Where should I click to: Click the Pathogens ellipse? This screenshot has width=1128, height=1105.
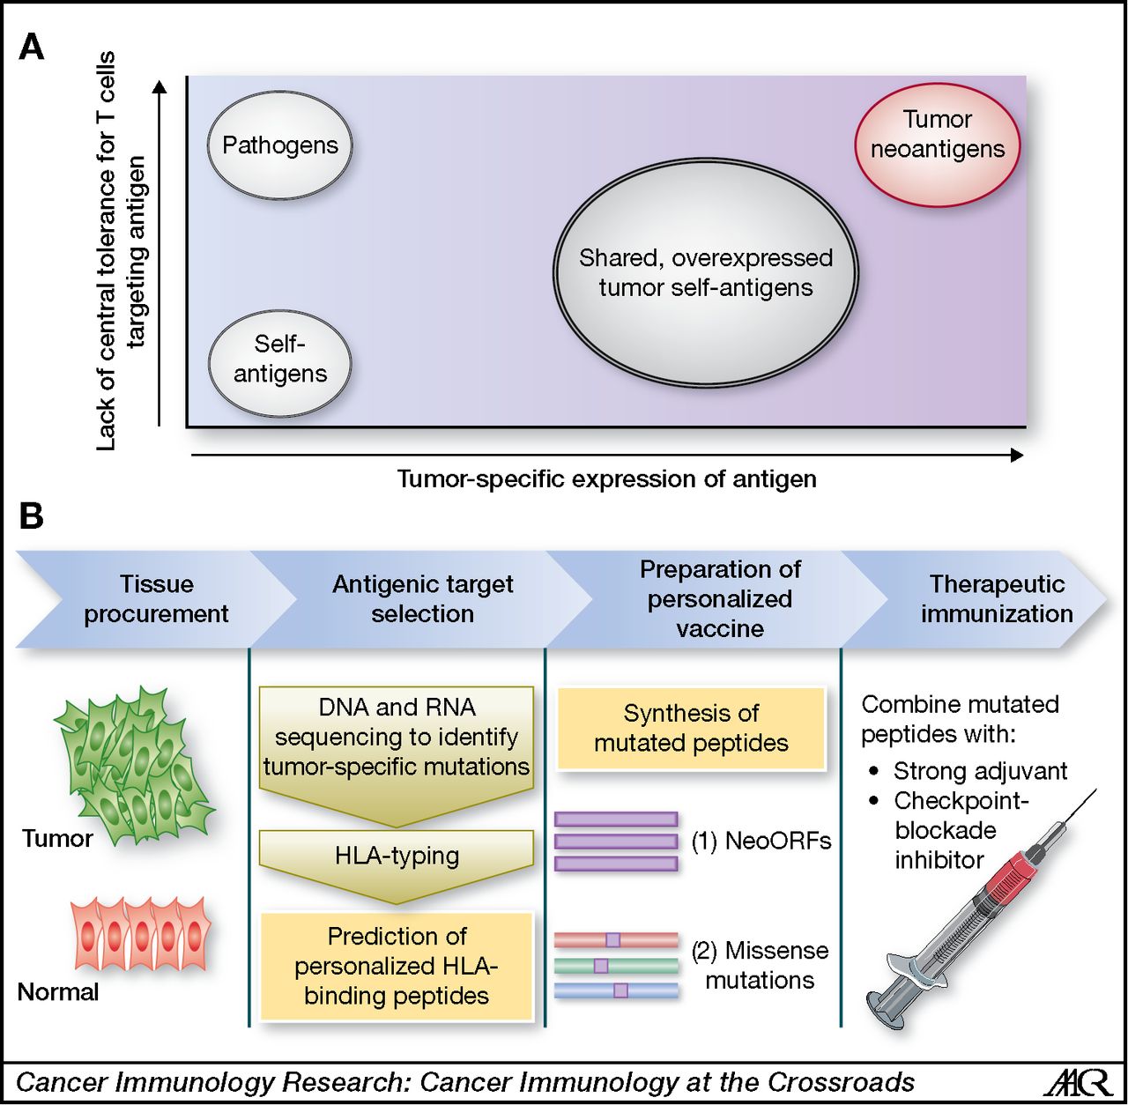pyautogui.click(x=279, y=145)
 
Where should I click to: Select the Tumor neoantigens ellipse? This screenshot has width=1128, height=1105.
pyautogui.click(x=937, y=145)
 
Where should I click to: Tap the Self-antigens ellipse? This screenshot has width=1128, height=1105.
pyautogui.click(x=279, y=362)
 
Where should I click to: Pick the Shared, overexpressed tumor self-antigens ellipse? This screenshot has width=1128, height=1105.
pyautogui.click(x=705, y=273)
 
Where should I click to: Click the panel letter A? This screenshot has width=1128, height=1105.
pyautogui.click(x=32, y=47)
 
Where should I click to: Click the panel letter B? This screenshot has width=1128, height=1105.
pyautogui.click(x=32, y=516)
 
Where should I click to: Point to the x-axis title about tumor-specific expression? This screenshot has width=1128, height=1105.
pyautogui.click(x=606, y=479)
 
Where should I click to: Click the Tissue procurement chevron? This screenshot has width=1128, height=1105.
pyautogui.click(x=156, y=599)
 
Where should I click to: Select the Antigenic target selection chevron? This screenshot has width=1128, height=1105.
pyautogui.click(x=422, y=599)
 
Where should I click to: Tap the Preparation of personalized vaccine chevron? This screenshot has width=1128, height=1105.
pyautogui.click(x=719, y=599)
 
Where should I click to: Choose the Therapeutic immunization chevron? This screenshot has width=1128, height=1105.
pyautogui.click(x=996, y=599)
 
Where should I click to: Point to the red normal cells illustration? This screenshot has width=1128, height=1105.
pyautogui.click(x=141, y=934)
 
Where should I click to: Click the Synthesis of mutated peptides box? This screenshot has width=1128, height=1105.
pyautogui.click(x=691, y=728)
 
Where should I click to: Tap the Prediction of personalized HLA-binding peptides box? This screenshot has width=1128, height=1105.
pyautogui.click(x=397, y=966)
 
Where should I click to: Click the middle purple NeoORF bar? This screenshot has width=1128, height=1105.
pyautogui.click(x=616, y=842)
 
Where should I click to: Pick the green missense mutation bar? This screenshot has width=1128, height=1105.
pyautogui.click(x=616, y=966)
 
